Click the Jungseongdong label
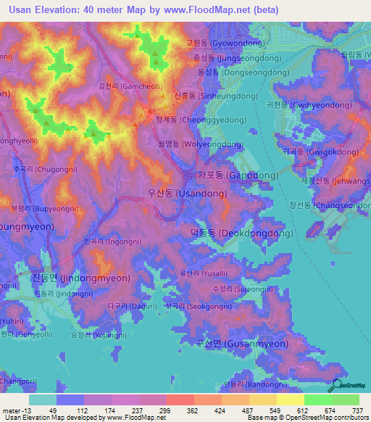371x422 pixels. (225, 58)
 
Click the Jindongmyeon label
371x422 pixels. (81, 278)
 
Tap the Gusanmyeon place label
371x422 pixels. (241, 344)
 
